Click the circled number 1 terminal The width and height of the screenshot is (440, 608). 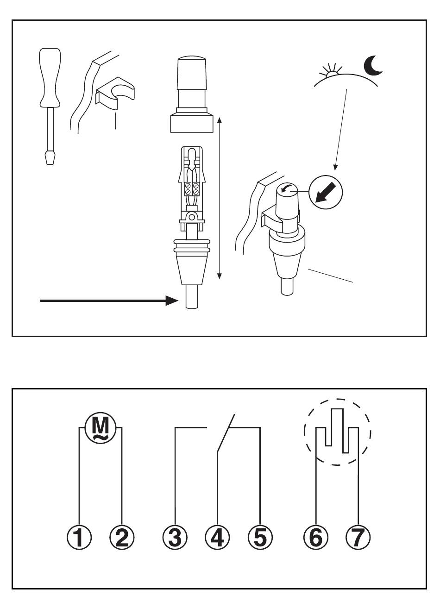pyautogui.click(x=79, y=538)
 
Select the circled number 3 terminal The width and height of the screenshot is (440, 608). pyautogui.click(x=175, y=538)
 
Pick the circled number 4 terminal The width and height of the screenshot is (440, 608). pyautogui.click(x=217, y=538)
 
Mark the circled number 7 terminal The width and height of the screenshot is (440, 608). pyautogui.click(x=358, y=538)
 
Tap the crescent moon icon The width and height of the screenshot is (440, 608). pyautogui.click(x=373, y=66)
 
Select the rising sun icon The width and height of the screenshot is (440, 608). pyautogui.click(x=331, y=72)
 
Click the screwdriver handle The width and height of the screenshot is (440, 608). pyautogui.click(x=50, y=76)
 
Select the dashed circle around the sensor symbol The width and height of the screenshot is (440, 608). pyautogui.click(x=338, y=432)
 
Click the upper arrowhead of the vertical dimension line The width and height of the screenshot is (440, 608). pyautogui.click(x=220, y=120)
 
